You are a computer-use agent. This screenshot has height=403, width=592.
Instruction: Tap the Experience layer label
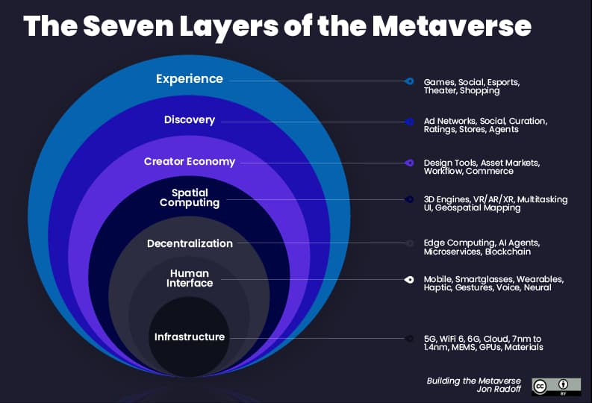coord(189,78)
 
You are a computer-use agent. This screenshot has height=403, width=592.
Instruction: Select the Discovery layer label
coord(190,120)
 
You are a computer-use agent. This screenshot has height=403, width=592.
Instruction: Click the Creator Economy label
coord(190,161)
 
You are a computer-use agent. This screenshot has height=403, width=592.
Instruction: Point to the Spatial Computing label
coord(190,197)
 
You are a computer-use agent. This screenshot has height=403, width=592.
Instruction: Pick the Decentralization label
coord(190,243)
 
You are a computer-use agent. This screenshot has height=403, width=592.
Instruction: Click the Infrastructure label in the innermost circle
coord(190,337)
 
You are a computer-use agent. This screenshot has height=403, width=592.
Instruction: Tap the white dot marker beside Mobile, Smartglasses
coord(409,280)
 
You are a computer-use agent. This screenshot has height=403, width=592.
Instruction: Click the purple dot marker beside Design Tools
coord(409,163)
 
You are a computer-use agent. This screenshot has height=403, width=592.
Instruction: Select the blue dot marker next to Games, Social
coord(409,81)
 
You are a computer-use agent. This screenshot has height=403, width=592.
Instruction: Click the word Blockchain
coord(508,252)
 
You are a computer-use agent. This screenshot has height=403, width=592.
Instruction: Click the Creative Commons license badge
coord(550,386)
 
